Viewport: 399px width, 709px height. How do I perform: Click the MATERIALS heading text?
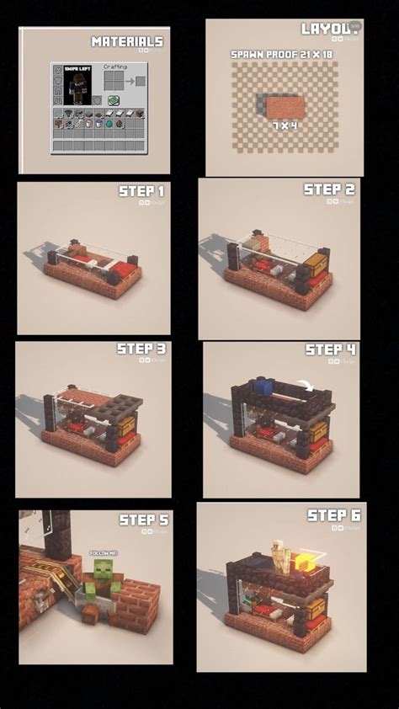[x=126, y=41]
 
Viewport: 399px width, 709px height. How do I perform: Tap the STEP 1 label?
[x=141, y=191]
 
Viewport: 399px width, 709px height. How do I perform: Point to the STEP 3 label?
[x=141, y=349]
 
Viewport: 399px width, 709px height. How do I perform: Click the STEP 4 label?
[x=330, y=349]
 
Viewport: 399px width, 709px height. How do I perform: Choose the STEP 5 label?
[x=144, y=520]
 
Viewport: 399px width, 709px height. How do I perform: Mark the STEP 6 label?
[x=333, y=514]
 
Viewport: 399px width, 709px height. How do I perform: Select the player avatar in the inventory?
[x=77, y=87]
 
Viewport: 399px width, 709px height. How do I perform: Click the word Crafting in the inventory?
[x=114, y=67]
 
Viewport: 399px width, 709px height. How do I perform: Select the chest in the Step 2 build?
[x=315, y=265]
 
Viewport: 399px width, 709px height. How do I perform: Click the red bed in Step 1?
[x=125, y=269]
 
